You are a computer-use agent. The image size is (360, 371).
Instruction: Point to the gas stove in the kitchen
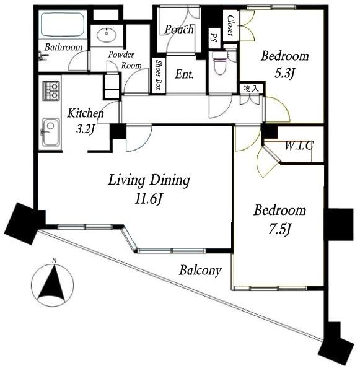click(51, 91)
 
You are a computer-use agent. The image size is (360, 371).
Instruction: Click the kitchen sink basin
click(50, 129)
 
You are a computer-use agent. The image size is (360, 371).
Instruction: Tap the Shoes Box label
click(159, 76)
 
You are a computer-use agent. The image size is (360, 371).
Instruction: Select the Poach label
click(180, 30)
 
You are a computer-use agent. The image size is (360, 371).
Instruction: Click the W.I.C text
click(299, 146)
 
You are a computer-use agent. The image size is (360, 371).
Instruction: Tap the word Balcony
click(199, 270)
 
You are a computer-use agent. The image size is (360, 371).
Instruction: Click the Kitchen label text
click(86, 113)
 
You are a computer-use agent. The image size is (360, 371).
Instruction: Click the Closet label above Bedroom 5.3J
click(230, 25)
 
